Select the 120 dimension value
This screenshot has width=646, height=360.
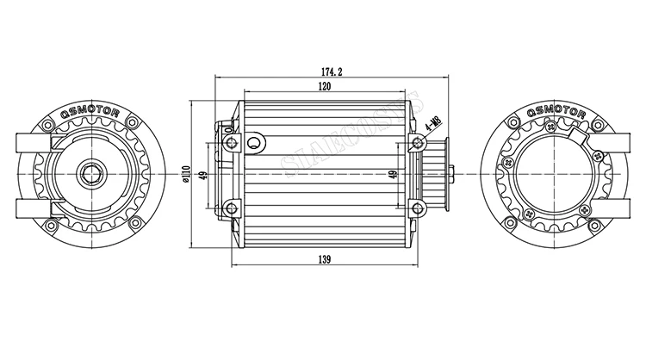(324, 88)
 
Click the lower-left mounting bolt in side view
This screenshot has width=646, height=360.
(229, 206)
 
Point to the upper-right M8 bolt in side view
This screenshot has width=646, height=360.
(417, 142)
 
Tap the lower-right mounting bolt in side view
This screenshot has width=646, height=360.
(417, 207)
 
